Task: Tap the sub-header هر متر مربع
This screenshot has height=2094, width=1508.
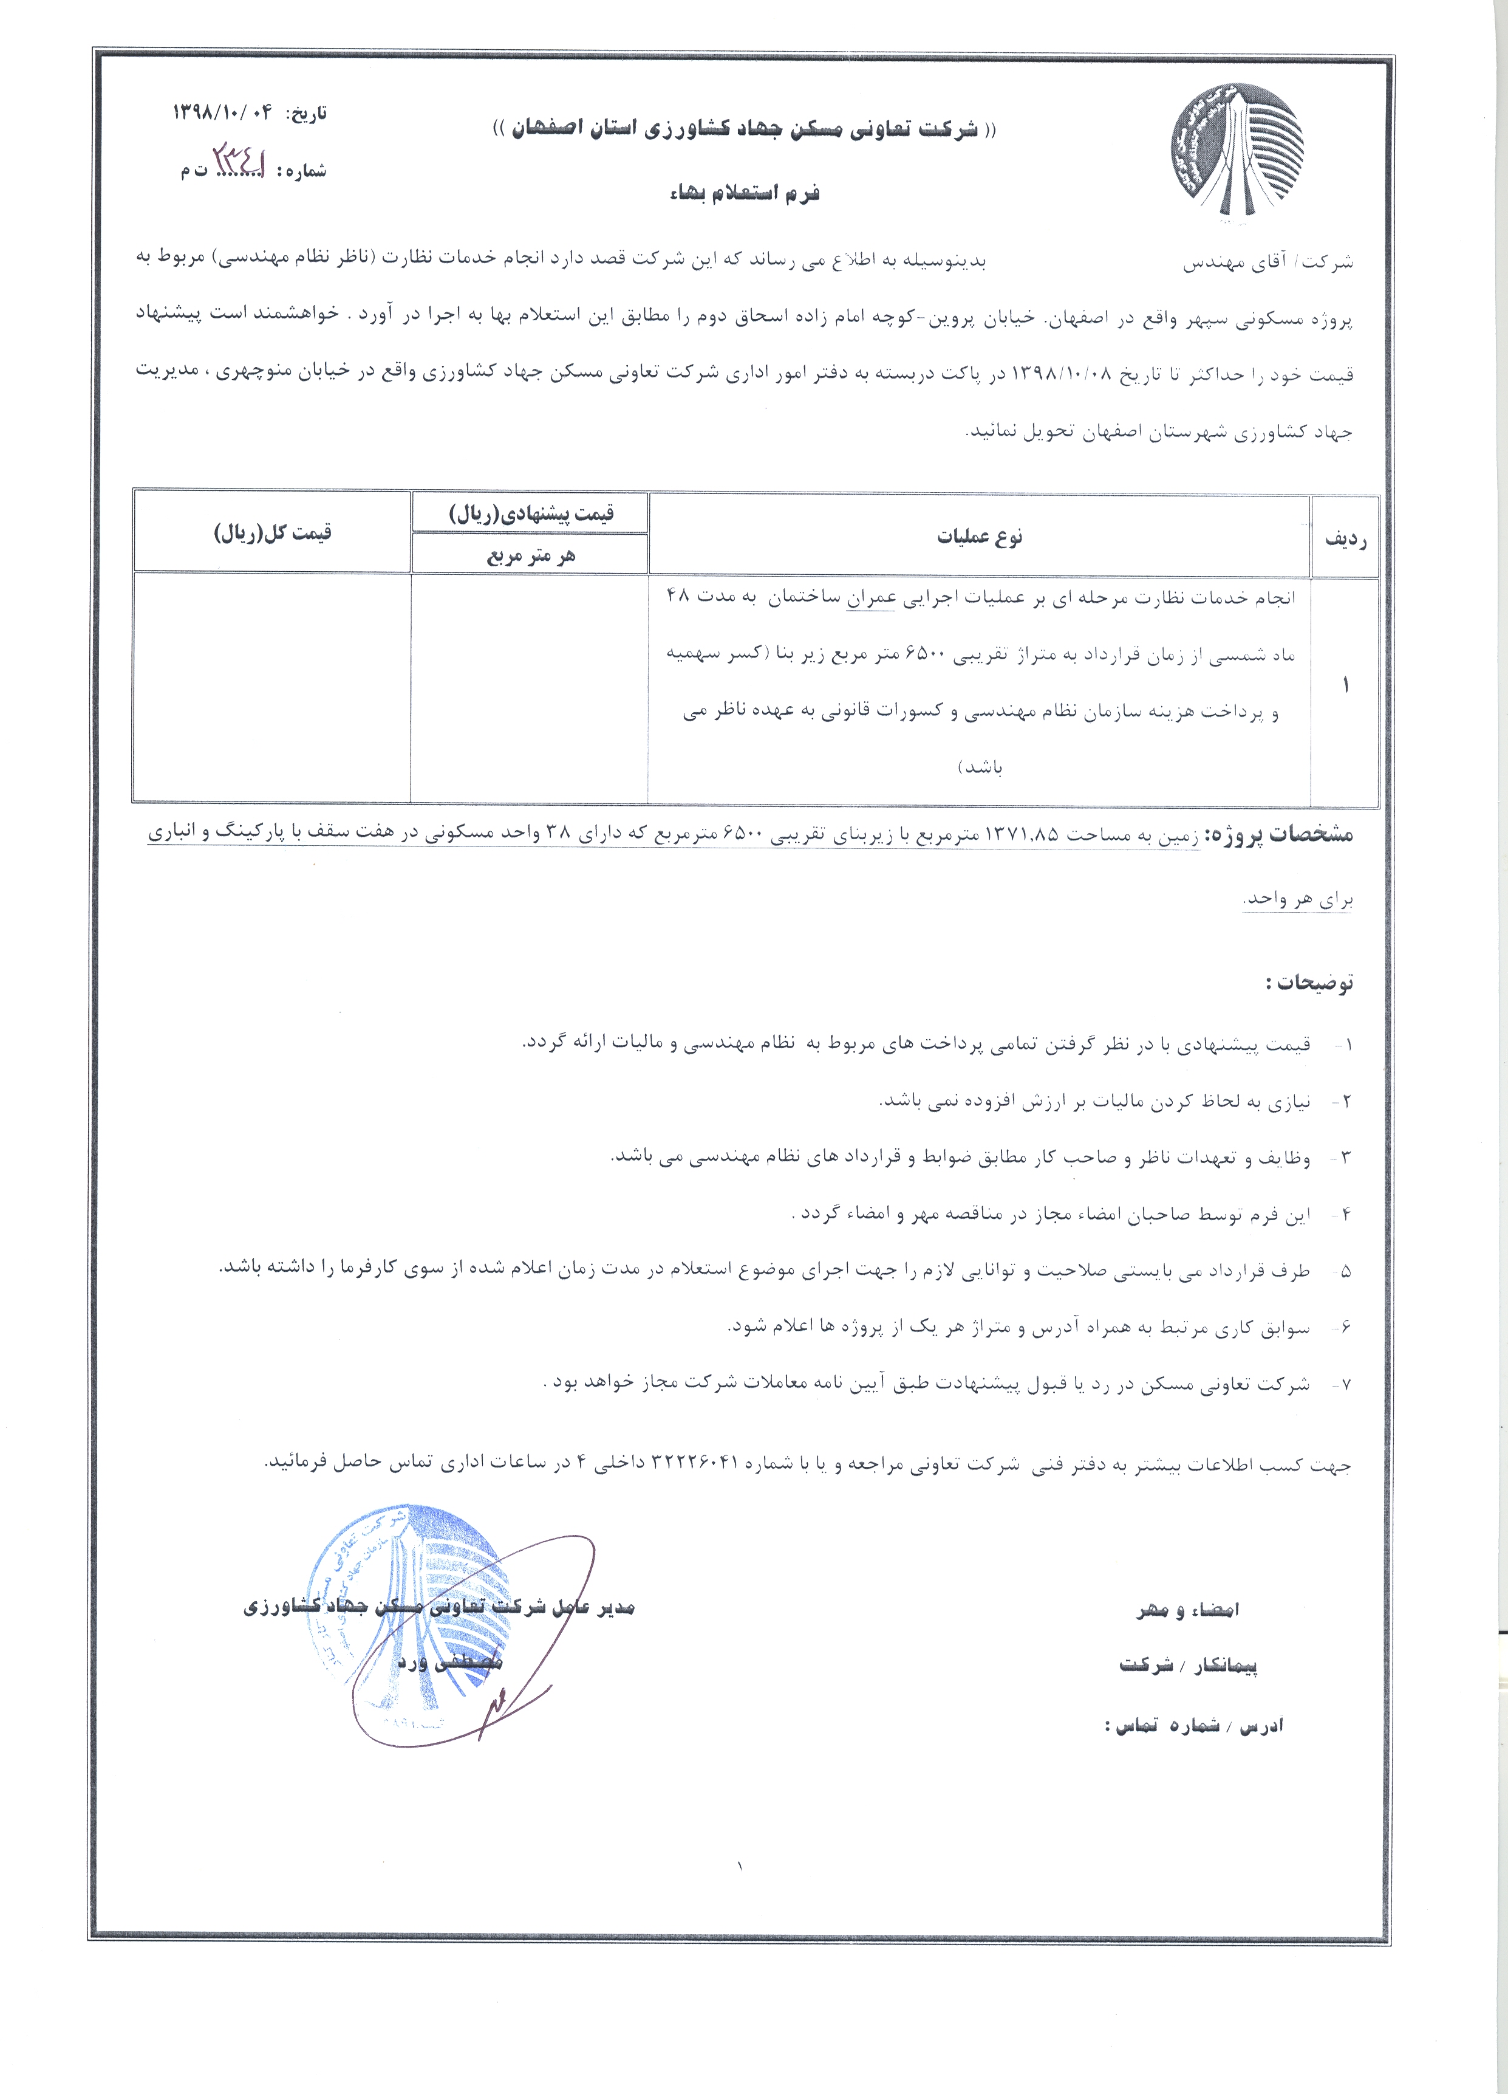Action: tap(530, 556)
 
